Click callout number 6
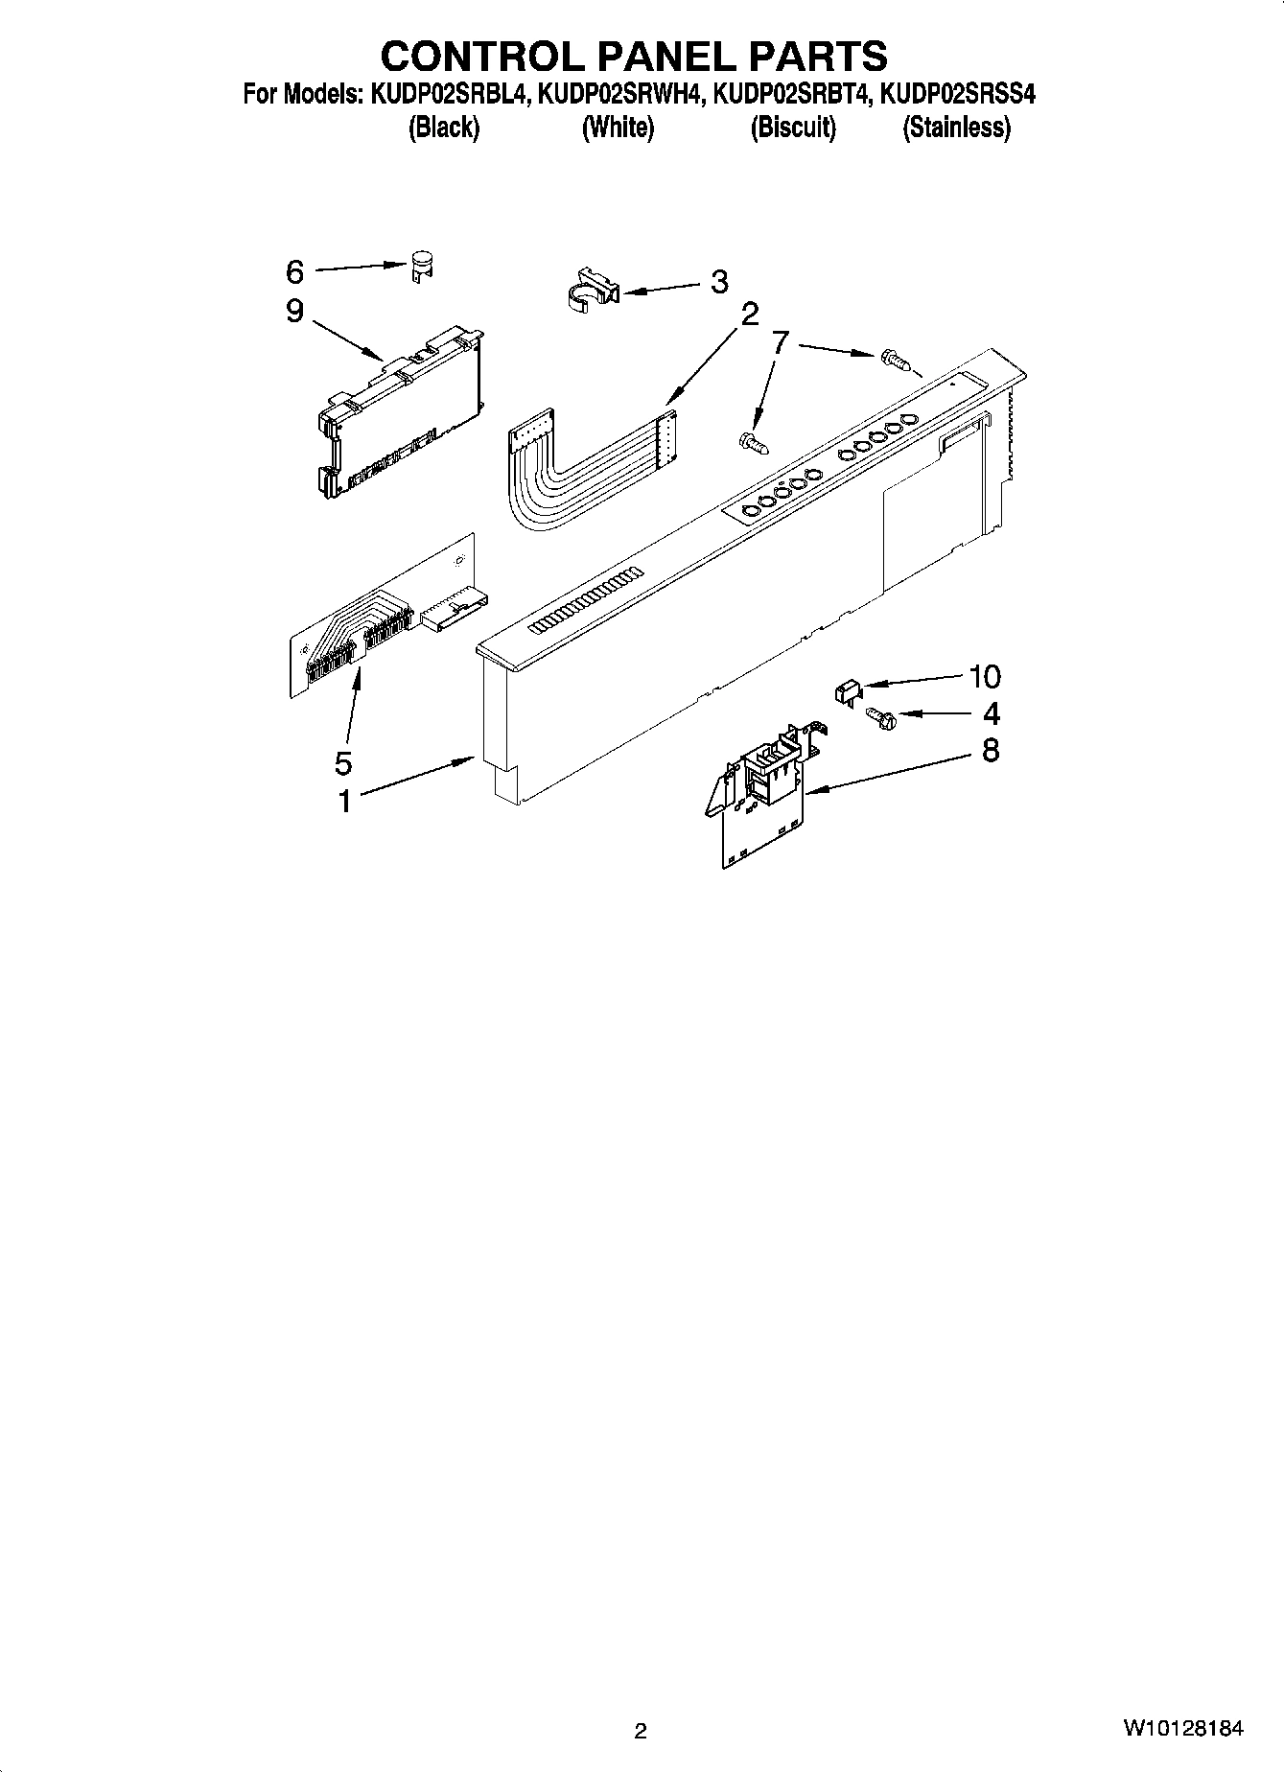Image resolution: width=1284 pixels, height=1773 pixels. [294, 272]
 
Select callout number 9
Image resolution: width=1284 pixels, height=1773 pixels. [294, 312]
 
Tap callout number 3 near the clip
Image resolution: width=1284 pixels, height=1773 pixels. [718, 282]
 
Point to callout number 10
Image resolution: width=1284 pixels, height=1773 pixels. [985, 677]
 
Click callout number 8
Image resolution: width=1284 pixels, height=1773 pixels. [991, 749]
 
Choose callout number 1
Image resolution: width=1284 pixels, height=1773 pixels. [344, 800]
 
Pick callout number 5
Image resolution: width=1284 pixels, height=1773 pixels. [343, 762]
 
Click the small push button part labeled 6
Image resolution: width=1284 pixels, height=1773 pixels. [420, 265]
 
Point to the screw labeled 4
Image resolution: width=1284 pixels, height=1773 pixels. [877, 713]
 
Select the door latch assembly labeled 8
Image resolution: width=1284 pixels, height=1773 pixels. [762, 792]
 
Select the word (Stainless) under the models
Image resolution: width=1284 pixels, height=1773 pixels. [956, 128]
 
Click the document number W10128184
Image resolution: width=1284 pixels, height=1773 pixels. [1184, 1729]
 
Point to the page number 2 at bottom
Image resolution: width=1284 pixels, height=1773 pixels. [641, 1731]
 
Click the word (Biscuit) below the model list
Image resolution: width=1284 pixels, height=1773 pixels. [793, 128]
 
